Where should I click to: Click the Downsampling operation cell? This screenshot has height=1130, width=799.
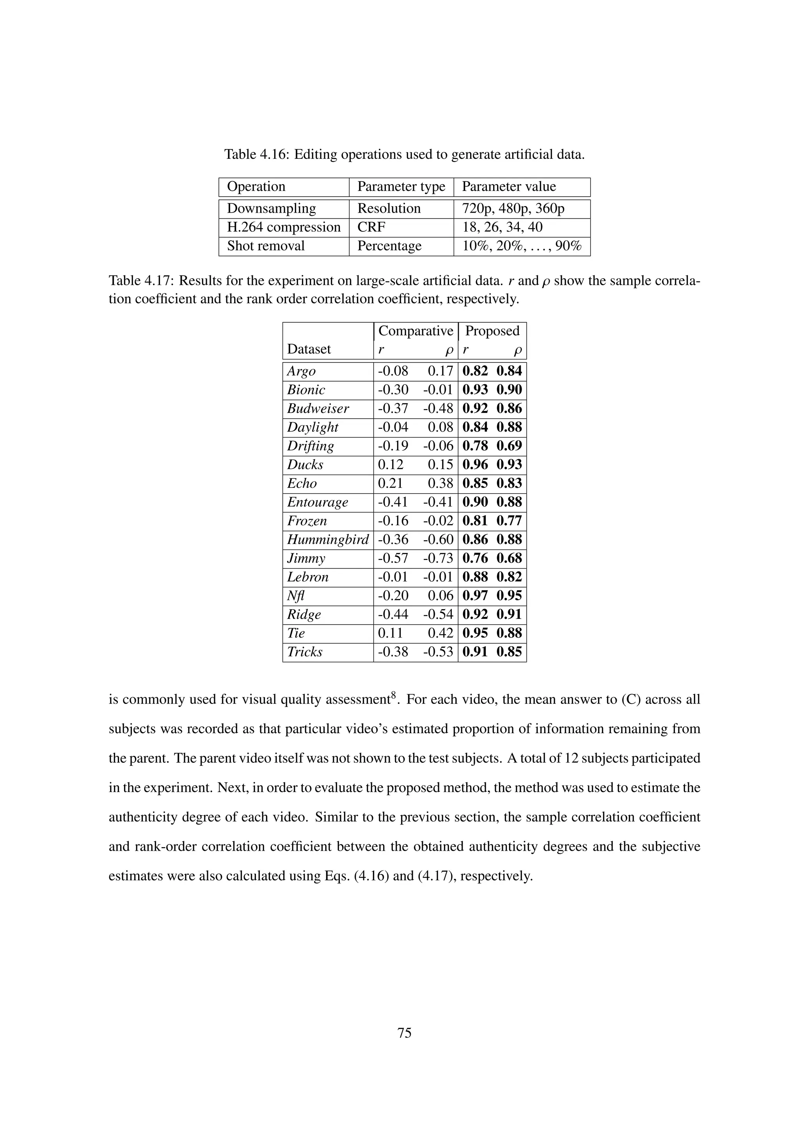tap(271, 209)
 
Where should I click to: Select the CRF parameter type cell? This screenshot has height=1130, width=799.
tap(371, 227)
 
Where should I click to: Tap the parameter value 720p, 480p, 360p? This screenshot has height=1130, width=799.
tap(513, 209)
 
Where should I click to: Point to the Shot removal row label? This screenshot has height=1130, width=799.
tap(266, 246)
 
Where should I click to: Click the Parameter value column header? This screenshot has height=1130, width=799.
tap(509, 187)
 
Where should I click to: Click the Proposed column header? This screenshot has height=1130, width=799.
tap(492, 331)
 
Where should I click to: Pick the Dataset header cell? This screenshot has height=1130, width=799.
tap(309, 350)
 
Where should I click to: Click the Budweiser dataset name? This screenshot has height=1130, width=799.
tap(318, 409)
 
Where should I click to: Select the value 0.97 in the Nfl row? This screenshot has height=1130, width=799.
tap(475, 596)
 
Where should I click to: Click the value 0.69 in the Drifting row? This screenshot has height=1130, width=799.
tap(509, 446)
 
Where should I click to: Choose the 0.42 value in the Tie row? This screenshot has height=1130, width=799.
tap(440, 633)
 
